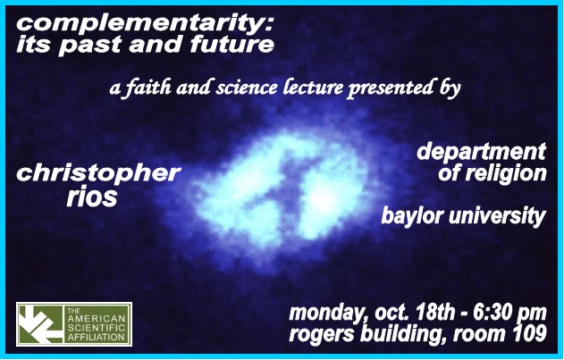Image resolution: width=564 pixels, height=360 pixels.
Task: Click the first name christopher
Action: point(97,173)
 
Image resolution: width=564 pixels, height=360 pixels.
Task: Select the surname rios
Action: point(92,197)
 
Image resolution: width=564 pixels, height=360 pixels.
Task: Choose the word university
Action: point(497,216)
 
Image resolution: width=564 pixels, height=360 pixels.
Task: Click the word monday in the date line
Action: point(330,314)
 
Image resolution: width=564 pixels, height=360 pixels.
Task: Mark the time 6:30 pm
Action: point(510,313)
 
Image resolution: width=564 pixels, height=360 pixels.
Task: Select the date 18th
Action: point(434,313)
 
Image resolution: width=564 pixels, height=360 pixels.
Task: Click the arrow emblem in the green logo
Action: point(40,324)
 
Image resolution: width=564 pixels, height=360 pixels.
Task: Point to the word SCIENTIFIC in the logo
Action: point(97,328)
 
